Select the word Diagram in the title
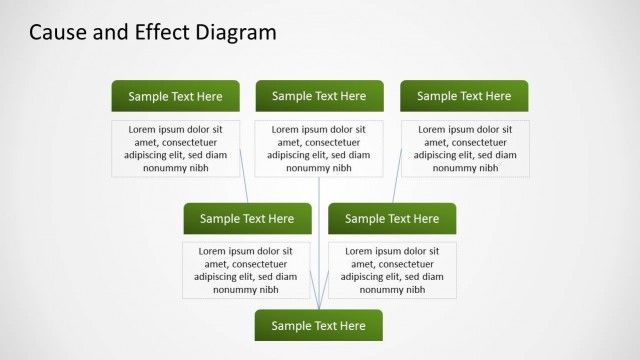click(x=234, y=32)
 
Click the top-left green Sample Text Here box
click(x=175, y=96)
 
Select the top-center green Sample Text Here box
click(x=319, y=96)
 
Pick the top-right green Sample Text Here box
click(x=464, y=96)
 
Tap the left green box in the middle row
click(x=247, y=218)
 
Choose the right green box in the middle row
click(x=392, y=218)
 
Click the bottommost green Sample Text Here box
click(x=319, y=325)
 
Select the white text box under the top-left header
click(x=175, y=148)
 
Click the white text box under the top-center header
click(x=319, y=148)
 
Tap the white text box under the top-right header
click(x=465, y=148)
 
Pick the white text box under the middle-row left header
click(x=246, y=270)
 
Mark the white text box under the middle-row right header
click(x=392, y=270)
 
